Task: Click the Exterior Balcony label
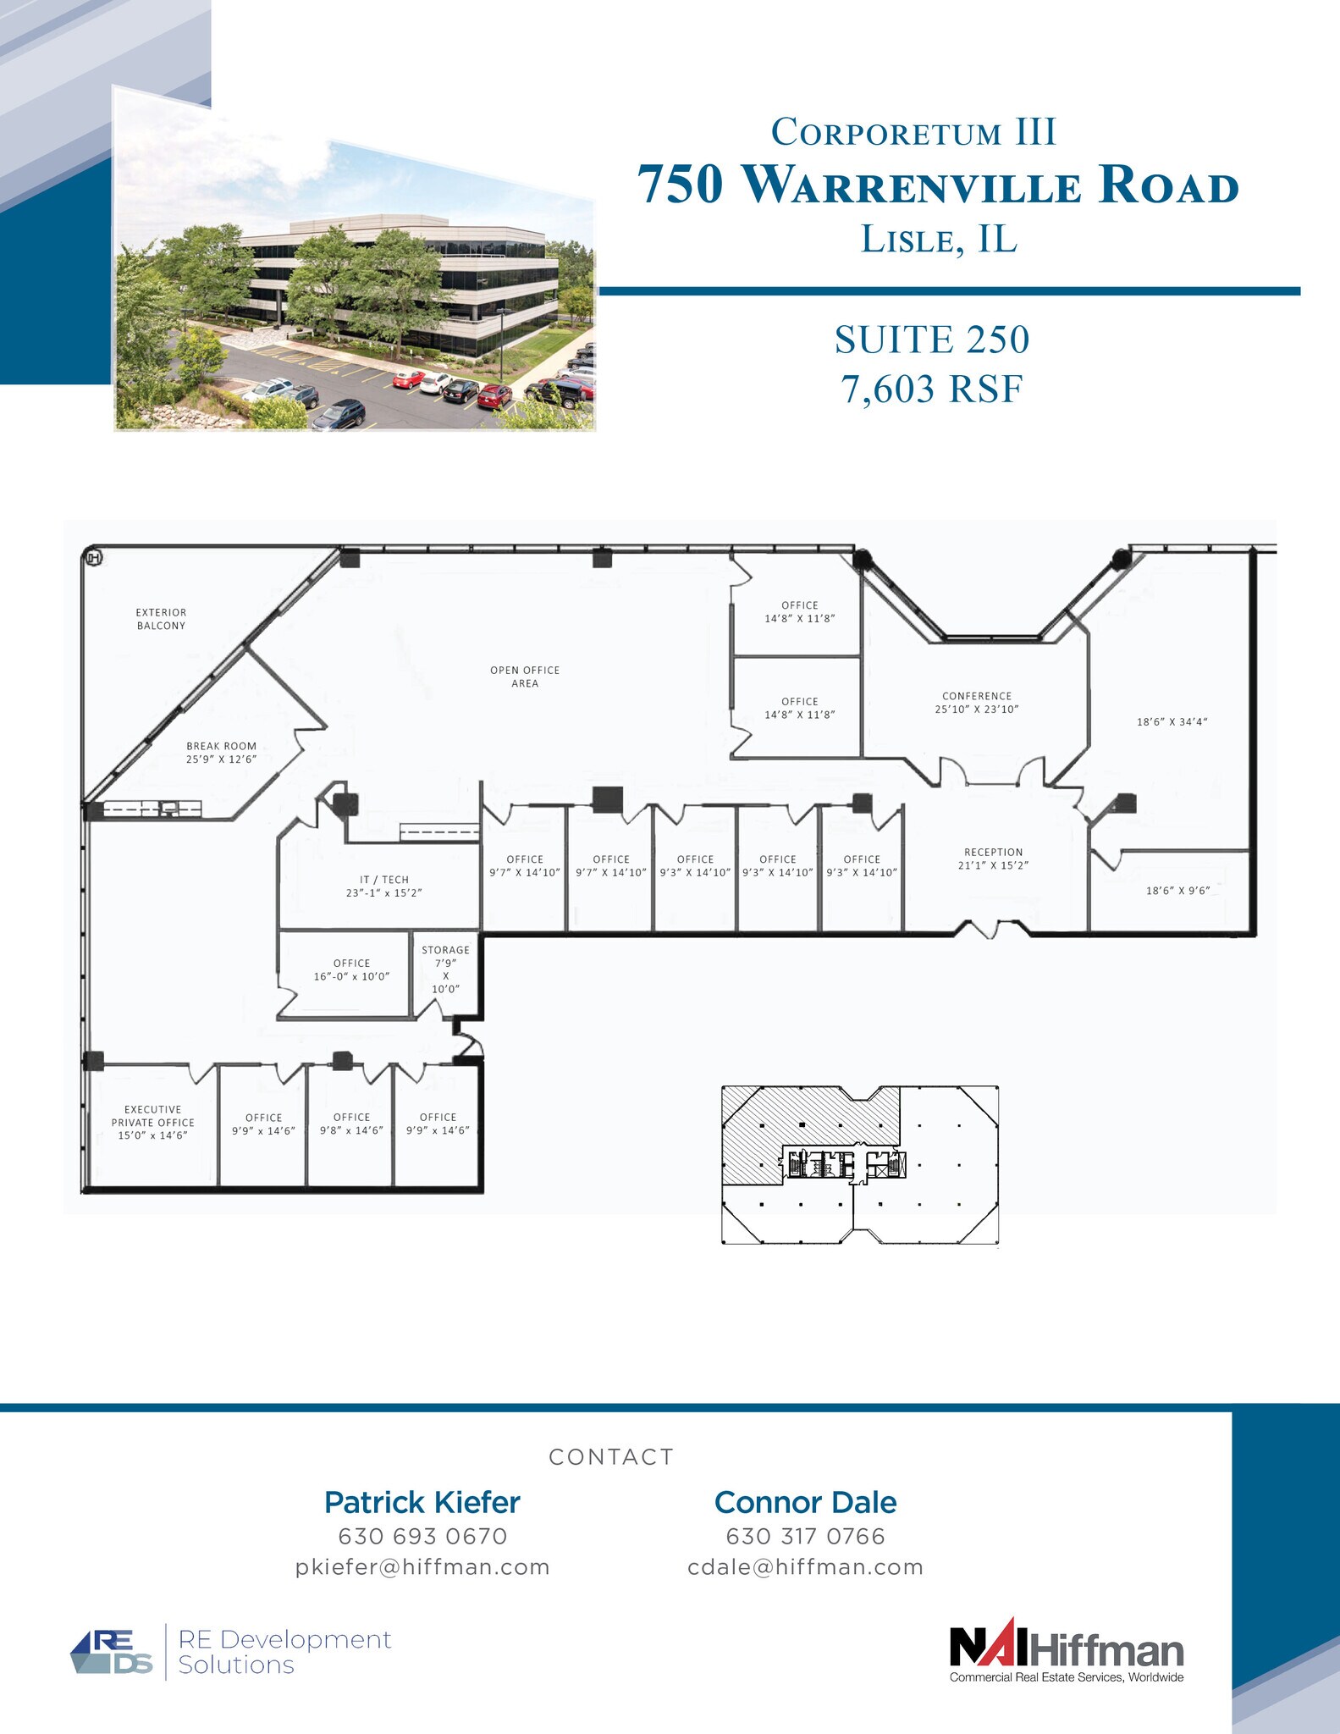(161, 619)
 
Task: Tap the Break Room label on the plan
(221, 746)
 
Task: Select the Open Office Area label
(525, 676)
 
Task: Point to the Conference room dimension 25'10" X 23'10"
(977, 710)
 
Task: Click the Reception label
(993, 852)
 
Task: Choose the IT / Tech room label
(383, 880)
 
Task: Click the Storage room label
(445, 950)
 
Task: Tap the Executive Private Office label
(153, 1116)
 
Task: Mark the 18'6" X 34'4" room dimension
(1172, 722)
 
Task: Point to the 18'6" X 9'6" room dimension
(1177, 891)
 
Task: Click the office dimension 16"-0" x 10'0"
(351, 976)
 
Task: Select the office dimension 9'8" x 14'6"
(351, 1130)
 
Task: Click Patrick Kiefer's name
(422, 1502)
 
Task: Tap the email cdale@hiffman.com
(805, 1567)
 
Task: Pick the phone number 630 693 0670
(422, 1536)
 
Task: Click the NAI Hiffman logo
(1067, 1652)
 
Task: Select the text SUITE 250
(931, 340)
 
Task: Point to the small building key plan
(859, 1165)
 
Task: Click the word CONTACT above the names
(611, 1457)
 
